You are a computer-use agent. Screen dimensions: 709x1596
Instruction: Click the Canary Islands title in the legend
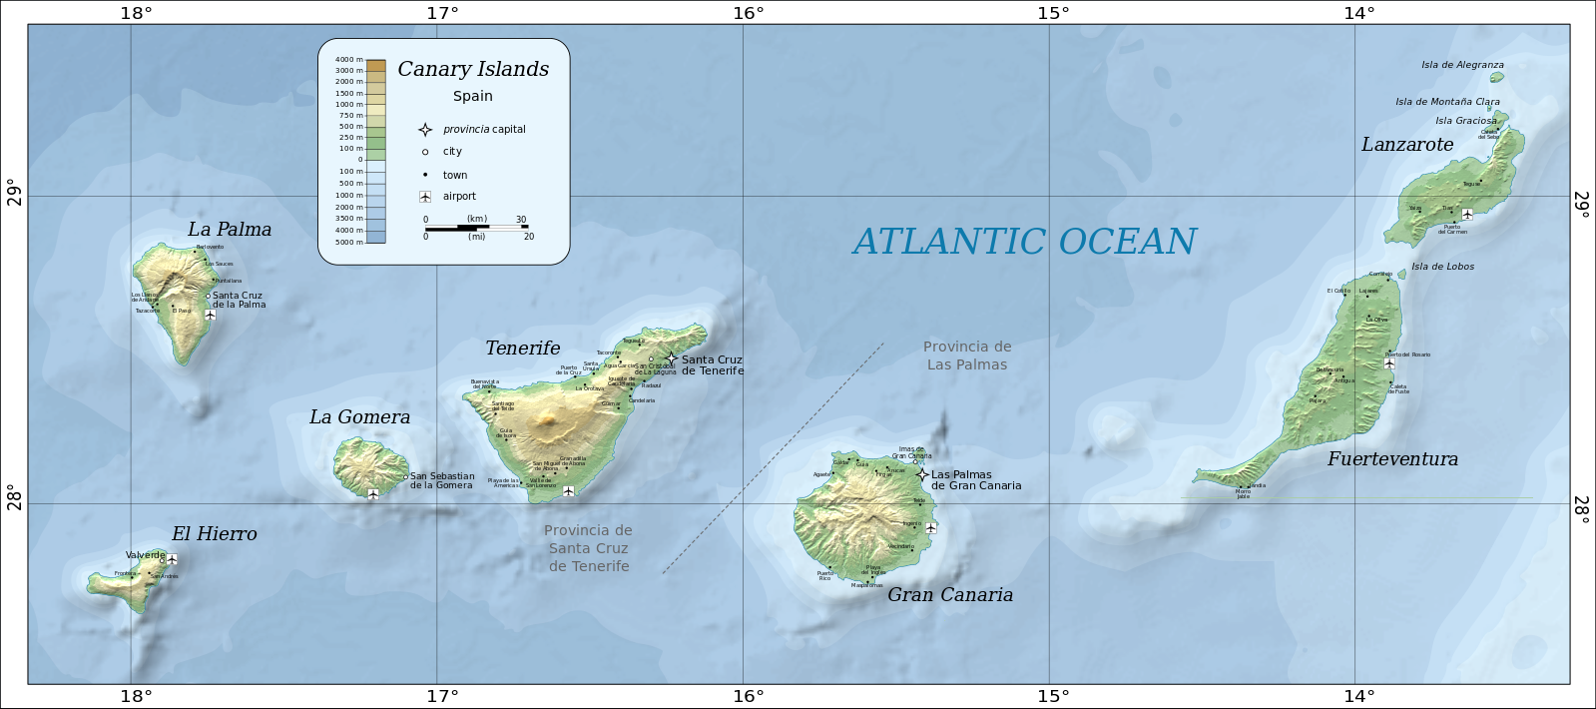point(473,69)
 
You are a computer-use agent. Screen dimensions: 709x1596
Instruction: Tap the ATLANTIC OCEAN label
point(1024,242)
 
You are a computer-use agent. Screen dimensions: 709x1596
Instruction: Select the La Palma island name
point(230,230)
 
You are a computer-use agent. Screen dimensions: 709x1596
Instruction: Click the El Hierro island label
point(214,534)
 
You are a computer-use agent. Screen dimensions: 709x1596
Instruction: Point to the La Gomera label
point(359,417)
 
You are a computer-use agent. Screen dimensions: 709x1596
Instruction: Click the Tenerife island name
point(522,349)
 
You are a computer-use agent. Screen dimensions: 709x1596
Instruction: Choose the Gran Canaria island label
point(950,595)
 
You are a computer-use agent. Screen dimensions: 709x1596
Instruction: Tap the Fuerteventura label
point(1392,459)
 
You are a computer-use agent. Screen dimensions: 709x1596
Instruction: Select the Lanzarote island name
point(1407,145)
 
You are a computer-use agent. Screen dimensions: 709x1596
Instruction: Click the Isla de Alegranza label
point(1462,65)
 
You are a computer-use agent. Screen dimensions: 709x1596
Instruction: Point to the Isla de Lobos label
point(1442,267)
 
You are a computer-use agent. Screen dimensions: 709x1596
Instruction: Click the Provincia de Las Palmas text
point(967,355)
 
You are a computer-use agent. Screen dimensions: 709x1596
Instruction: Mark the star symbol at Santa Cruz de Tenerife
point(671,358)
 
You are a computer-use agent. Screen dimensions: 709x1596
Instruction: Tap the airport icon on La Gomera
point(372,494)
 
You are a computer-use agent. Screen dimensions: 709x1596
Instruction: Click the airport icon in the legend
point(425,197)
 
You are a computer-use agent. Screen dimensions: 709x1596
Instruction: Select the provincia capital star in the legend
point(425,130)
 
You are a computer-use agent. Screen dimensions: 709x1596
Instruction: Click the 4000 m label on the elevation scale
point(349,60)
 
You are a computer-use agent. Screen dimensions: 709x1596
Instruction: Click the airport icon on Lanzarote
point(1467,214)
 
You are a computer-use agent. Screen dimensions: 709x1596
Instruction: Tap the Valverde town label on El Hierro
point(145,554)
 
